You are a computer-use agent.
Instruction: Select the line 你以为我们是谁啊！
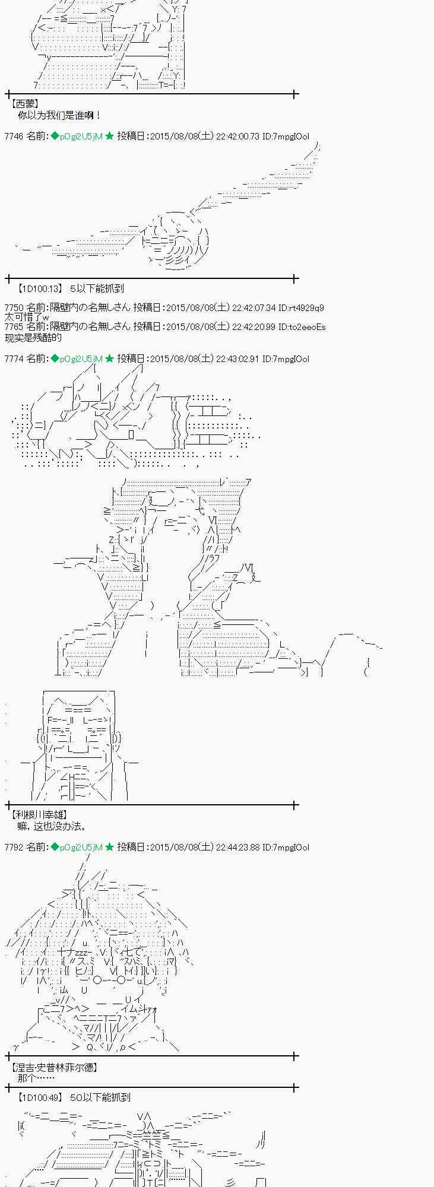coord(59,115)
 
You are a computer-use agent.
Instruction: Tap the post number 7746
coord(13,137)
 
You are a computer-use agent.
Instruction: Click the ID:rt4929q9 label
coord(301,308)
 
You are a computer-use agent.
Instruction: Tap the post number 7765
coord(13,327)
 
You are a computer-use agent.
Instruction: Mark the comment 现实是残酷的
coord(33,338)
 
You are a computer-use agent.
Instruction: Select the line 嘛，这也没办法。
coord(52,826)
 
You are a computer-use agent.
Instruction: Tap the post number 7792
coord(13,848)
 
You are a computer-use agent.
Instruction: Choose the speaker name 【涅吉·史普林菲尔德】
coord(54,1067)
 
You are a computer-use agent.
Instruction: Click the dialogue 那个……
coord(36,1078)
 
